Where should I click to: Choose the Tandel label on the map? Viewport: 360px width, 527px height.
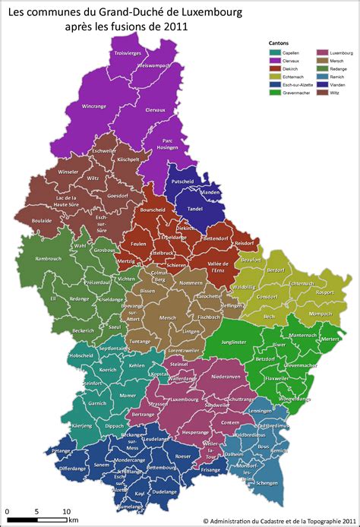click(194, 209)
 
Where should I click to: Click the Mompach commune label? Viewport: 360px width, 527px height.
click(320, 313)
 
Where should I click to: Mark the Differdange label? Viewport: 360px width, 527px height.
click(73, 469)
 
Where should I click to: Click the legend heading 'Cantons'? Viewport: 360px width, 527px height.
click(279, 43)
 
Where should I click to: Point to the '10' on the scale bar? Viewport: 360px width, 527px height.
click(67, 511)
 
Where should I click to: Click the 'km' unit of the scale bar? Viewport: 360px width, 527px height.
click(74, 520)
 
